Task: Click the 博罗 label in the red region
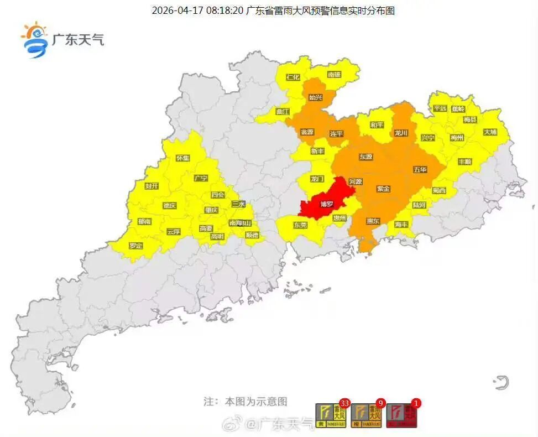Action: pyautogui.click(x=327, y=204)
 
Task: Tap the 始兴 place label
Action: pyautogui.click(x=316, y=97)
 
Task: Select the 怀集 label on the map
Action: pyautogui.click(x=182, y=158)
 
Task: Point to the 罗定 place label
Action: pyautogui.click(x=135, y=245)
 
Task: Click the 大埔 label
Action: pyautogui.click(x=490, y=132)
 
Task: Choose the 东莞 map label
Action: pyautogui.click(x=300, y=225)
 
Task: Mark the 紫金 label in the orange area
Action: pyautogui.click(x=383, y=189)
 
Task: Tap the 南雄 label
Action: pyautogui.click(x=335, y=74)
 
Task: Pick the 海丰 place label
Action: pyautogui.click(x=401, y=225)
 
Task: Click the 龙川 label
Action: pyautogui.click(x=401, y=133)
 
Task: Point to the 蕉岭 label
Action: pyautogui.click(x=458, y=109)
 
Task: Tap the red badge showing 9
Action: pyautogui.click(x=380, y=403)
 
